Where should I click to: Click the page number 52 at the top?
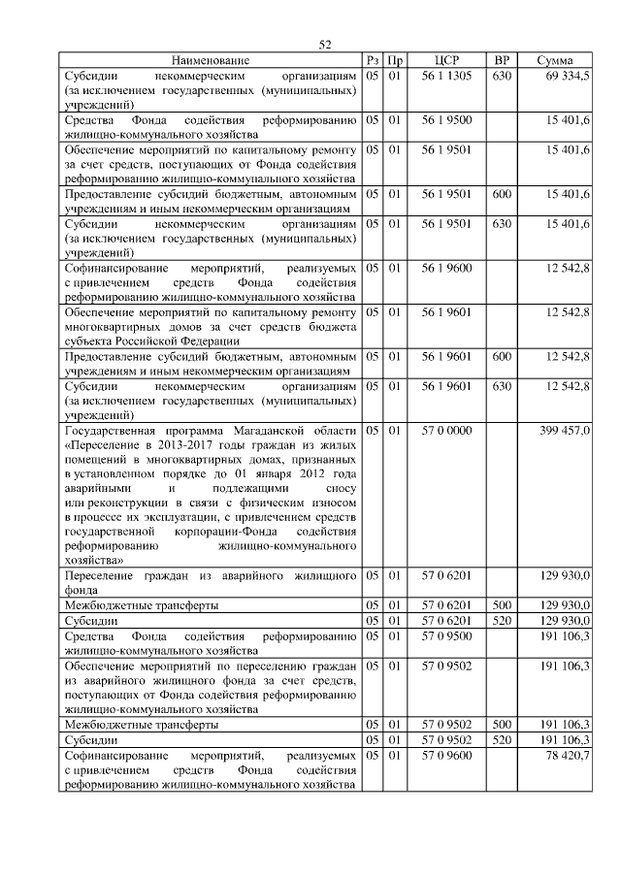point(325,44)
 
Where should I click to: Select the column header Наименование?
point(211,61)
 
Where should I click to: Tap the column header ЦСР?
point(447,61)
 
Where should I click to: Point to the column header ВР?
point(502,61)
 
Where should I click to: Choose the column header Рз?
point(373,61)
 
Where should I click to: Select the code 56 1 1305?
point(447,76)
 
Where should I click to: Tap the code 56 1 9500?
point(447,120)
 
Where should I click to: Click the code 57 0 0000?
point(447,430)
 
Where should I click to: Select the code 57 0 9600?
point(447,755)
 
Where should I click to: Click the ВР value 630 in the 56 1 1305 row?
point(502,76)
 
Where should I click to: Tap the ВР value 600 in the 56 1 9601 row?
point(502,357)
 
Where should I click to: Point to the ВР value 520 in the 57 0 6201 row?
point(502,620)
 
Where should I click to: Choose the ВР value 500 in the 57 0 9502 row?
point(502,725)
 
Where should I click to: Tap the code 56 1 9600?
point(447,268)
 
